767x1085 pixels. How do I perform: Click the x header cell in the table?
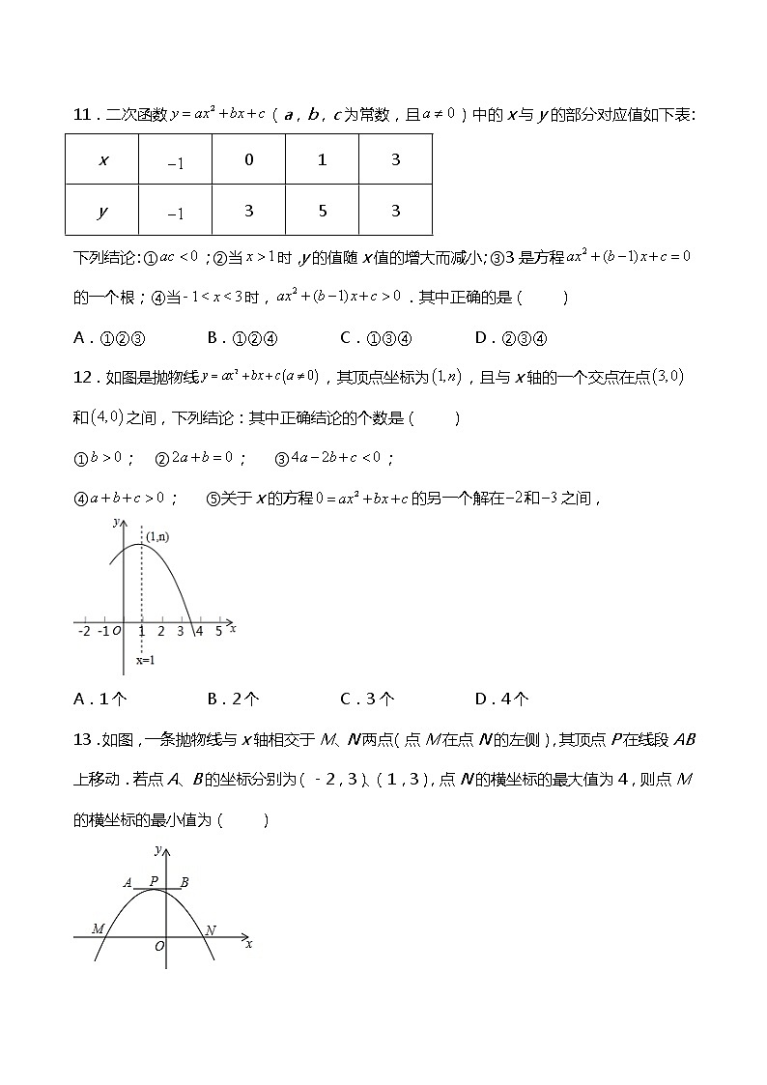pos(102,160)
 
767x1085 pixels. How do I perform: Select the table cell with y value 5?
pos(322,211)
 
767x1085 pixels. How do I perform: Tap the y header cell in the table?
pos(102,211)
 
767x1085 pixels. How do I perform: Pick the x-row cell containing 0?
pos(248,160)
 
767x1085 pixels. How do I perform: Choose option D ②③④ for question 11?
pos(511,337)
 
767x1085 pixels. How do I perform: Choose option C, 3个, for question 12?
pos(367,699)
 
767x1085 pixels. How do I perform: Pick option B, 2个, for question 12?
pos(234,699)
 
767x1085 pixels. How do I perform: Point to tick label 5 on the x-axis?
pos(218,631)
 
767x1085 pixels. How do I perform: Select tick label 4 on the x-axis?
pos(199,631)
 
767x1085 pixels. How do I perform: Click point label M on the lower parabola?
pos(98,928)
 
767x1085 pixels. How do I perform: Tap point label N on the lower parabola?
pos(211,929)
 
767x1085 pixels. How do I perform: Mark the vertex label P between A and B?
pos(154,880)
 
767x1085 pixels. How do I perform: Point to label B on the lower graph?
pos(185,881)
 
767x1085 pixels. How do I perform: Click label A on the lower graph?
pos(128,882)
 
